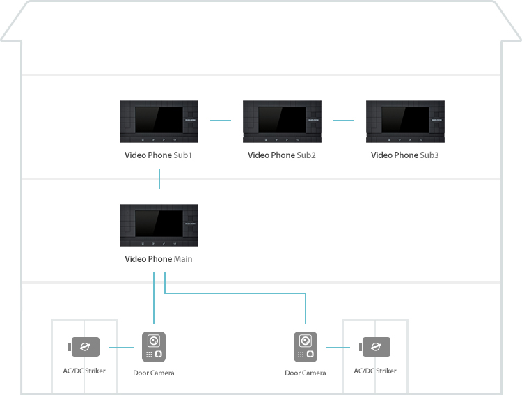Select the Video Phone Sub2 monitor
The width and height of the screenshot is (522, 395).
(x=283, y=121)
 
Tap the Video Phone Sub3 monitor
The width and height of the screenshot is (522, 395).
(x=406, y=121)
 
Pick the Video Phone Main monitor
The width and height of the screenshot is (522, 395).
(x=159, y=225)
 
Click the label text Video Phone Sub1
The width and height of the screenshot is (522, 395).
(x=159, y=155)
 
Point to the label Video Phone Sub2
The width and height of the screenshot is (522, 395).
(x=282, y=155)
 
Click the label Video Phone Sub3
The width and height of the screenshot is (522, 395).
(x=405, y=155)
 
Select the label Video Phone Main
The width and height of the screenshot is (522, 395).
(x=159, y=259)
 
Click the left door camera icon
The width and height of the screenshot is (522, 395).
(x=154, y=347)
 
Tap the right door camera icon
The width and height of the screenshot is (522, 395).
(x=306, y=347)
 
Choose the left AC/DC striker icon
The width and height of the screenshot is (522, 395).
(x=84, y=347)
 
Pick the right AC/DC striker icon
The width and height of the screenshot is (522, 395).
(x=375, y=347)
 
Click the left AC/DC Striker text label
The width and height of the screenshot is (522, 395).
(x=84, y=371)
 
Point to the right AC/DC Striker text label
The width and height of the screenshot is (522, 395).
(x=375, y=371)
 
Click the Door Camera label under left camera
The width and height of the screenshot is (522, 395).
(x=154, y=373)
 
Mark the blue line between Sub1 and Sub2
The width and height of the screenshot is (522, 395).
(x=221, y=121)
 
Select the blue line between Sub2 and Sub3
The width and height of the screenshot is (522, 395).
(x=344, y=121)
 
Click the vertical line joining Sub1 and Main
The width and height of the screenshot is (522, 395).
(x=159, y=179)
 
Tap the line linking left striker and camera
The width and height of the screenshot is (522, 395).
(x=122, y=348)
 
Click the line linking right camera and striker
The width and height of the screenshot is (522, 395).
(x=338, y=348)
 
